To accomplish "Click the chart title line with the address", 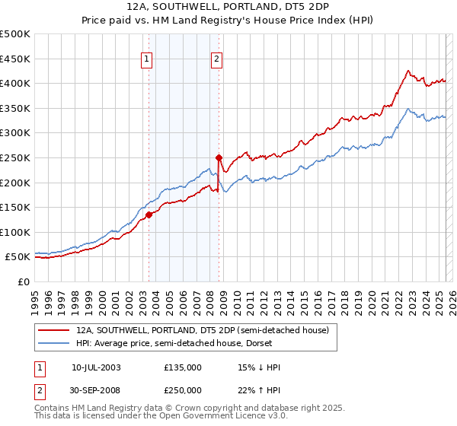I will [x=228, y=7].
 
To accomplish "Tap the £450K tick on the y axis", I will [x=16, y=59].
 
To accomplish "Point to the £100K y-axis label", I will [x=16, y=232].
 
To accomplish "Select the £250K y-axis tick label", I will [x=16, y=157].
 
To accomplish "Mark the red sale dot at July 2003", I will [x=149, y=215].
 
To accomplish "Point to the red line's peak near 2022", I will [x=408, y=71].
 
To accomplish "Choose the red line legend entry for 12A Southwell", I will [x=202, y=330].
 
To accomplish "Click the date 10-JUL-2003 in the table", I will [x=96, y=367].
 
